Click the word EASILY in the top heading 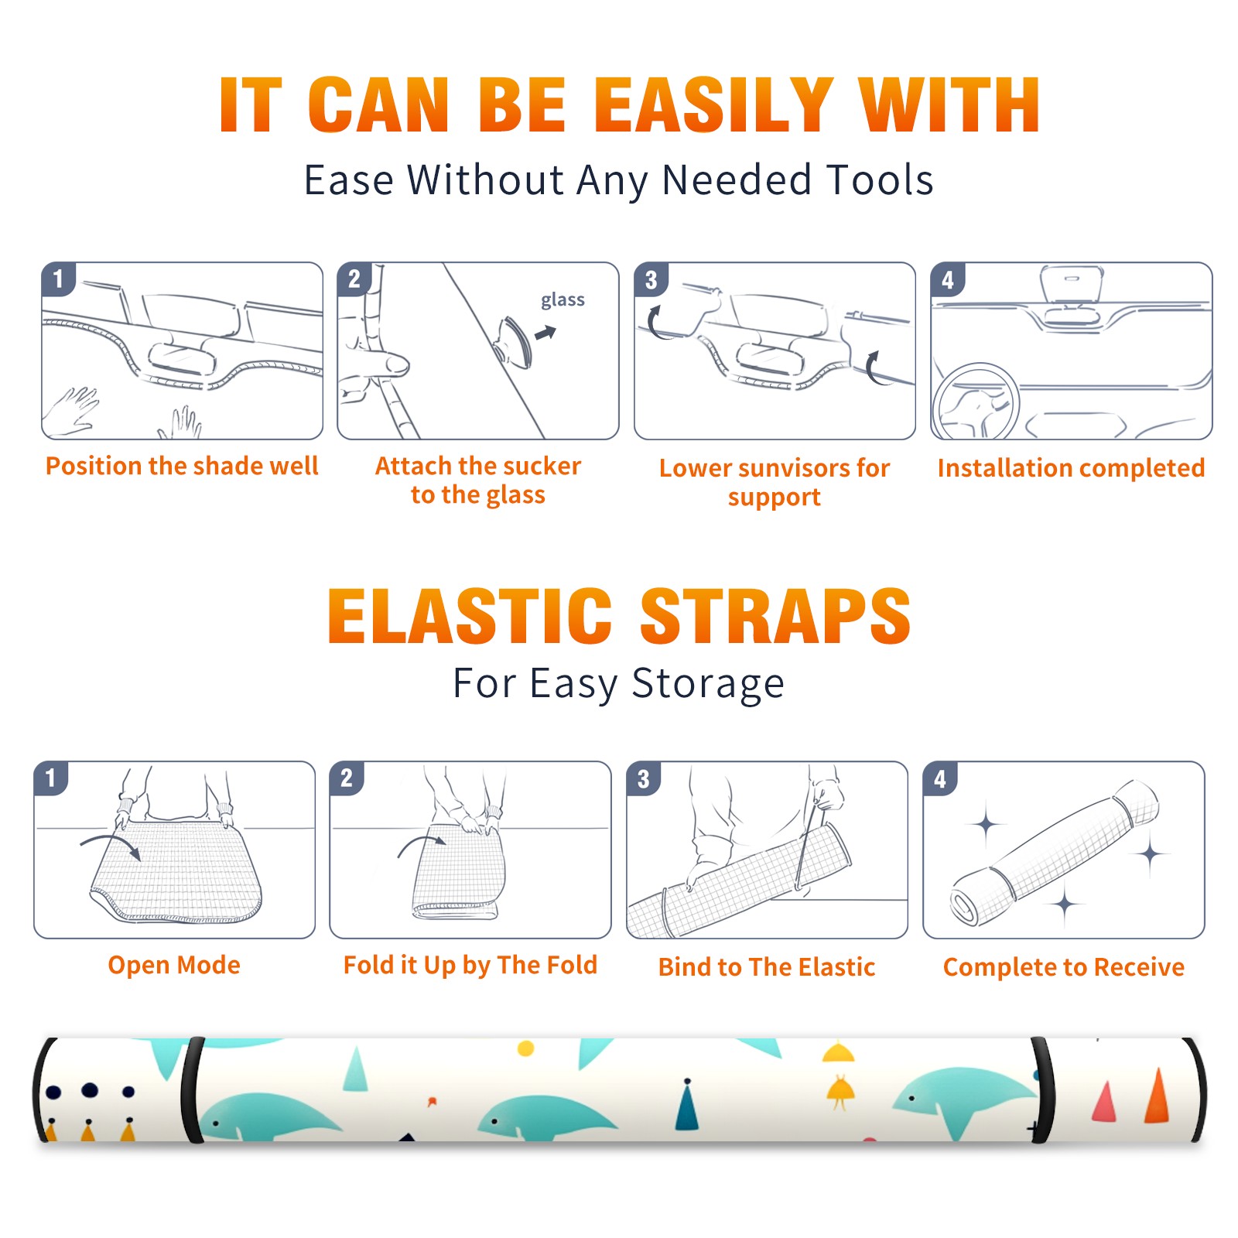click(x=714, y=105)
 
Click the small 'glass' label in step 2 click(x=563, y=300)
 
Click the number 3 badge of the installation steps click(x=651, y=279)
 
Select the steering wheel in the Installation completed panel click(x=976, y=402)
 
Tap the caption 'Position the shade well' click(x=182, y=466)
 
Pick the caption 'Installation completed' click(x=1071, y=468)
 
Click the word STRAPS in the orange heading click(x=775, y=616)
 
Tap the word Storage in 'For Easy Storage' click(x=708, y=684)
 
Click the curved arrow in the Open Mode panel click(x=111, y=843)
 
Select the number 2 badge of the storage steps click(x=347, y=778)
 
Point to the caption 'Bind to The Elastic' click(x=767, y=967)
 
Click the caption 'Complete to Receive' click(x=1064, y=967)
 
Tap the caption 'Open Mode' click(x=174, y=965)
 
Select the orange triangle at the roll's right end click(x=1158, y=1095)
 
